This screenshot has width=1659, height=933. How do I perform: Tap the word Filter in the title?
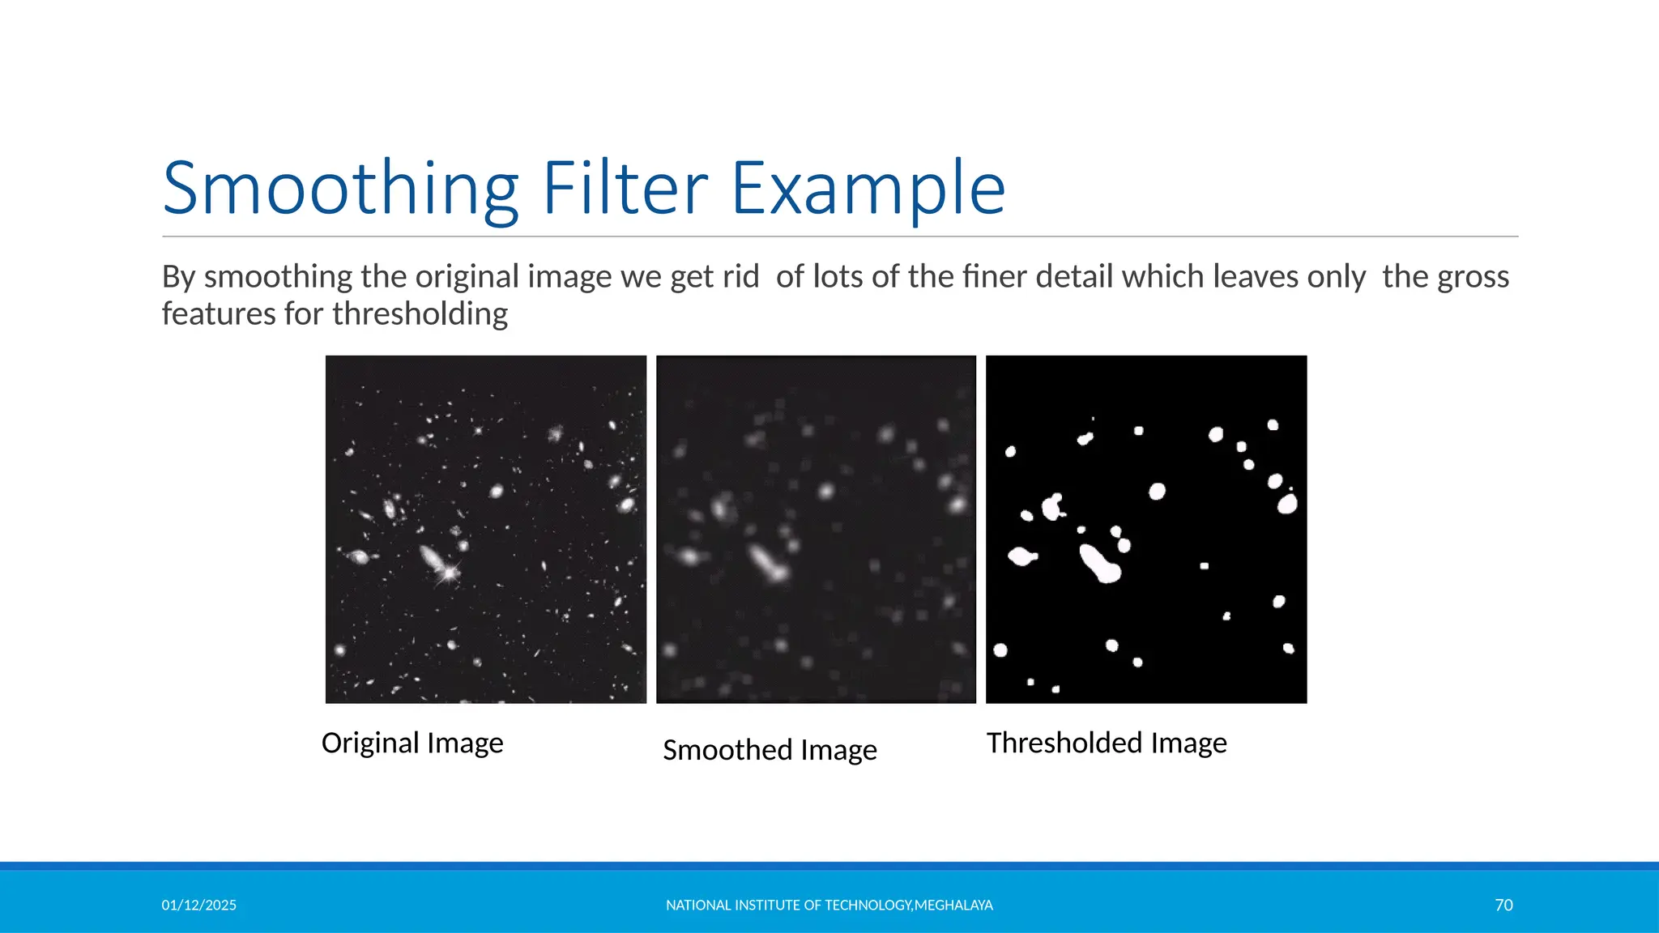(625, 189)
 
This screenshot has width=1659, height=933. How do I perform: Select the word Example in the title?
(868, 189)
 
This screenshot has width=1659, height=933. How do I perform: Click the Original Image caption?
(412, 743)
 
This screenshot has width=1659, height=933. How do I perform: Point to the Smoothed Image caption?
(770, 750)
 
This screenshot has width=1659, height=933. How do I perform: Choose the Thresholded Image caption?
(1107, 743)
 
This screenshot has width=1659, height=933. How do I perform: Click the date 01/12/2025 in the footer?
(198, 905)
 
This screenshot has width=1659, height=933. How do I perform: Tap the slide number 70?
(1503, 905)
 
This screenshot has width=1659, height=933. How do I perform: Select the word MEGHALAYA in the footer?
(953, 905)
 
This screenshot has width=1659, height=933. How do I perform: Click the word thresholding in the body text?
(420, 314)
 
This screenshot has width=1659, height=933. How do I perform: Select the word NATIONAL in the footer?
(698, 905)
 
